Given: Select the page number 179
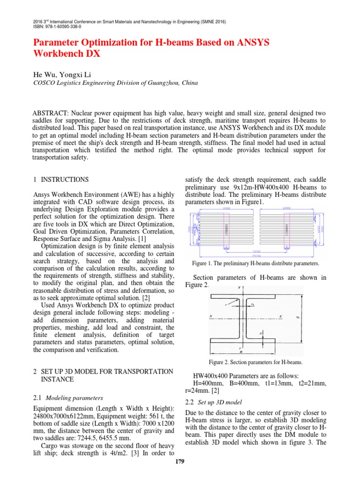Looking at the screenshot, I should [x=180, y=462].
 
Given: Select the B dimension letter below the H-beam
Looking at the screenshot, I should [x=241, y=352].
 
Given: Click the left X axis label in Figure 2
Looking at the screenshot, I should [x=211, y=316].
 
